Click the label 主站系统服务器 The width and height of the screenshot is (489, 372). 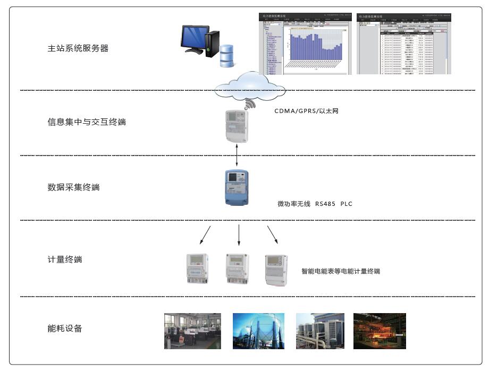coord(78,48)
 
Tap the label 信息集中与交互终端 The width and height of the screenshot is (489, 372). coord(87,122)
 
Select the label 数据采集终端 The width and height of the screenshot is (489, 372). coord(73,187)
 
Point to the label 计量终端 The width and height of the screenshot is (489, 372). coord(65,259)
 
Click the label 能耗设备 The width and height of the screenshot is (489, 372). coord(65,328)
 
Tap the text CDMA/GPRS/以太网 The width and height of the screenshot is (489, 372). coord(306,111)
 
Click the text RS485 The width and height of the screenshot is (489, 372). coord(325,204)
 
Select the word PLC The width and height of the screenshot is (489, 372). coord(347,204)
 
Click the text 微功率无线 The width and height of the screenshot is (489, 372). coord(294,204)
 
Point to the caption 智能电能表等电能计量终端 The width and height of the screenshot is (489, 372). coord(341,271)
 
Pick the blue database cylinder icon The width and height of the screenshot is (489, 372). coord(227,54)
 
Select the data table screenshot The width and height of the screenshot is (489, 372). coord(403,44)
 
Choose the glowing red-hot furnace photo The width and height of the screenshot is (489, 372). coord(380,331)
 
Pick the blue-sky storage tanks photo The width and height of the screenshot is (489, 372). coord(258,331)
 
